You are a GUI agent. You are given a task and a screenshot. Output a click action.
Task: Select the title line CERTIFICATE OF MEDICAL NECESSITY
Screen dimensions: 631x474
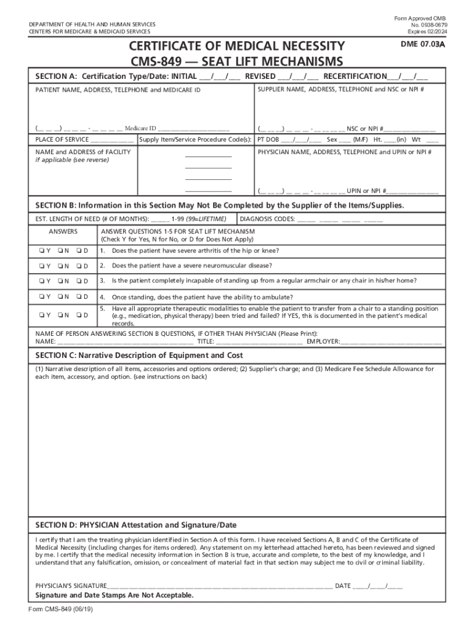click(236, 46)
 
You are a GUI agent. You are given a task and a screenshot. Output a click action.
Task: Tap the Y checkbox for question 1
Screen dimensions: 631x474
click(38, 251)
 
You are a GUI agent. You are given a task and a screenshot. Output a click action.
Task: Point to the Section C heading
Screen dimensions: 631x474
click(139, 356)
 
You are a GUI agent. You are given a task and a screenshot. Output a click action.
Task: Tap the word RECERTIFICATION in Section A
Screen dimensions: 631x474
click(355, 76)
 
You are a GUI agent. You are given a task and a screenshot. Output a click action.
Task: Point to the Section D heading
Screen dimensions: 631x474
click(136, 525)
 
